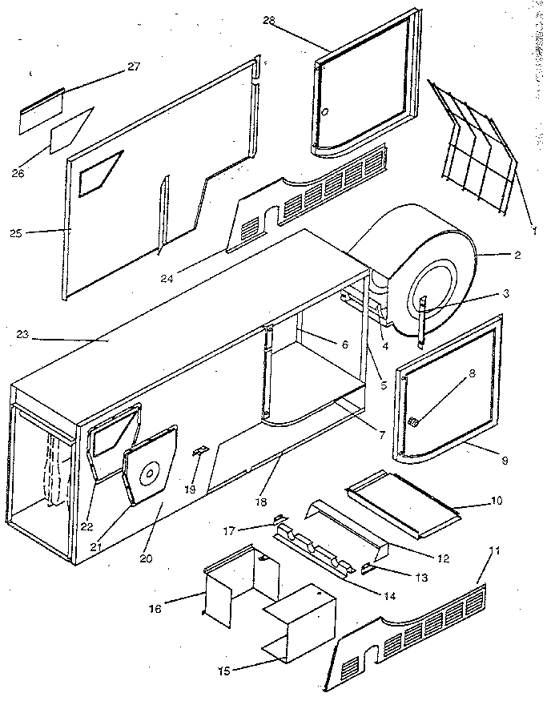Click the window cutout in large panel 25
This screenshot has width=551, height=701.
(x=103, y=171)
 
